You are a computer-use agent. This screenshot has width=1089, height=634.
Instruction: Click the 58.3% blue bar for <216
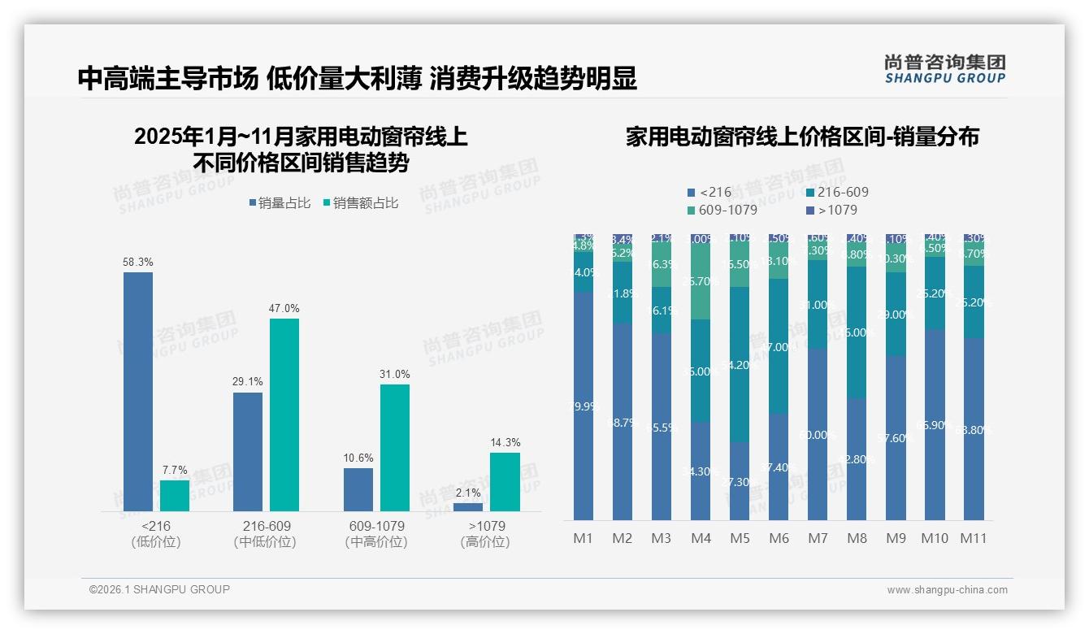tap(138, 391)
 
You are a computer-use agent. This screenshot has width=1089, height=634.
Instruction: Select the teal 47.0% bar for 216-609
tap(284, 415)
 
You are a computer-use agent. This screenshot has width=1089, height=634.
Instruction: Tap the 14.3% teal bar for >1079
tap(505, 481)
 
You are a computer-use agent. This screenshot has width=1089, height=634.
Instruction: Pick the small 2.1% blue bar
tap(467, 506)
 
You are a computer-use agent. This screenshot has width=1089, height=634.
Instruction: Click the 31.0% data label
tap(394, 374)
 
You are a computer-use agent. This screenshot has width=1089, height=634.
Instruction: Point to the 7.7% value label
tap(174, 470)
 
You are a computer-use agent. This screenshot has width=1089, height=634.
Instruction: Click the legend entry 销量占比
tap(279, 203)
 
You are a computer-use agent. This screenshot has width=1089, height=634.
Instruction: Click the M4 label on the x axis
tap(701, 538)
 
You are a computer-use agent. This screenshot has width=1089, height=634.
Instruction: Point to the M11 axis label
tap(974, 538)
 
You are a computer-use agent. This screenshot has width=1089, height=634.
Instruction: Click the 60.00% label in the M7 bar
tap(818, 435)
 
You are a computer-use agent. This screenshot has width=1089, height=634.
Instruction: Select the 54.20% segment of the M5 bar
tap(740, 364)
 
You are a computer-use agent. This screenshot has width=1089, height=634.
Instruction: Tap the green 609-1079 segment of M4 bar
tap(701, 281)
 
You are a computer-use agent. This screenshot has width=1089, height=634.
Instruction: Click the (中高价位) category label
tap(376, 542)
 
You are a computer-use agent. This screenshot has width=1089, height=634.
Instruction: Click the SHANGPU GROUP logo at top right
tap(944, 69)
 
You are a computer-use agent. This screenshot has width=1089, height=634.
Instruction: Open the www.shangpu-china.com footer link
tap(947, 590)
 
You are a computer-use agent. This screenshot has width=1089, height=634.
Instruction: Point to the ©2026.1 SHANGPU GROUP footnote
tap(159, 589)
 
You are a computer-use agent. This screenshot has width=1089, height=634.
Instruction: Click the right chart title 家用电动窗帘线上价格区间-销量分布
tap(801, 137)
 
